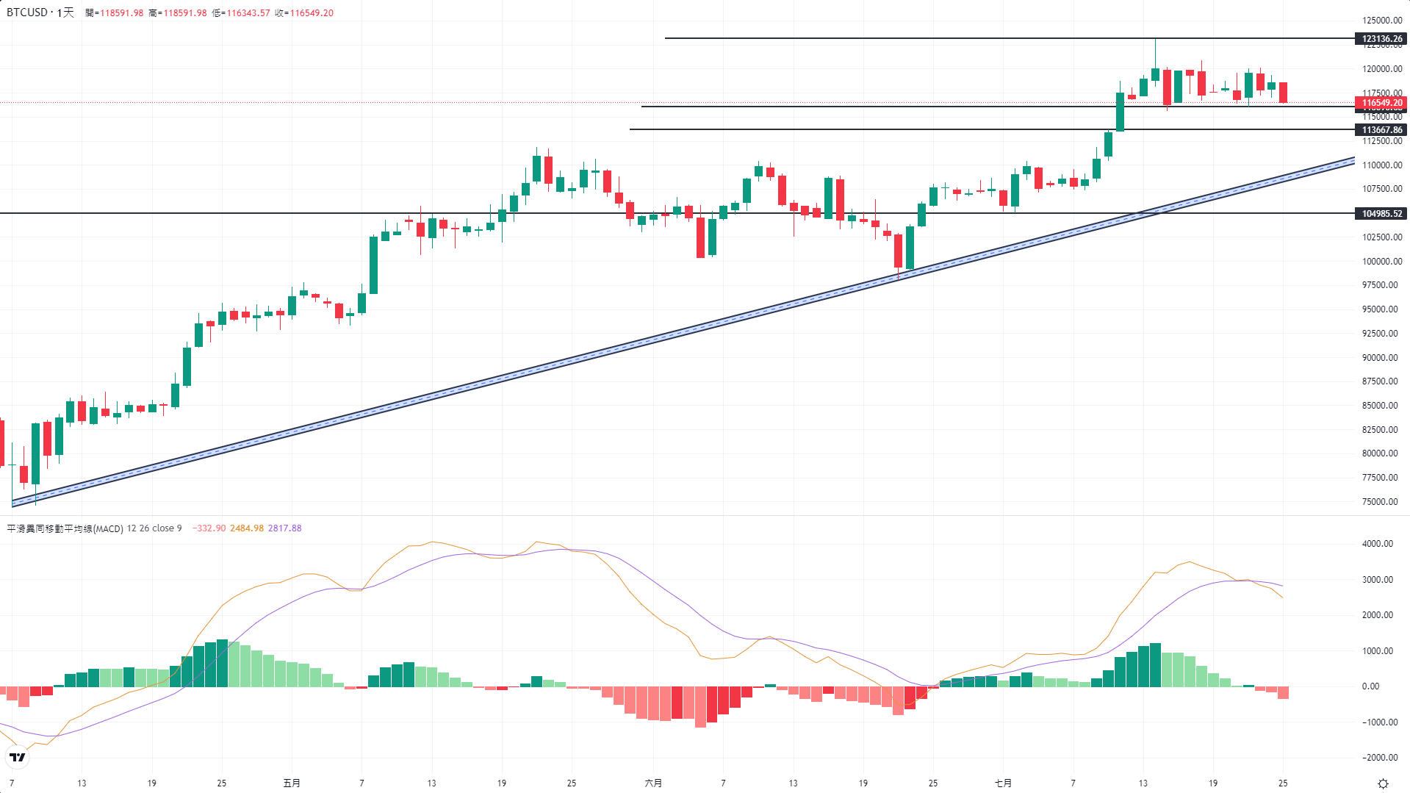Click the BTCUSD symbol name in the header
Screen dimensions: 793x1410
pos(26,12)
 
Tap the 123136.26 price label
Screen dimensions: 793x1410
pos(1381,39)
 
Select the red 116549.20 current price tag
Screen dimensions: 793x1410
pos(1381,103)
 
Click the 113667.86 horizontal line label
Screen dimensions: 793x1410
pos(1381,130)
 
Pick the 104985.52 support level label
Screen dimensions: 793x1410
pos(1381,214)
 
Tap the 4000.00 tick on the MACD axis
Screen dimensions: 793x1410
pos(1377,544)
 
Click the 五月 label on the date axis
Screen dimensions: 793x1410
pos(292,783)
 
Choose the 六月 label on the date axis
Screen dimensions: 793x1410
pos(653,783)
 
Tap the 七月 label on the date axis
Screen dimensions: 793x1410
pos(1003,783)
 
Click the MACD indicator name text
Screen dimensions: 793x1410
pos(65,528)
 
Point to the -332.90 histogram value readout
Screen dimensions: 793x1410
pos(209,528)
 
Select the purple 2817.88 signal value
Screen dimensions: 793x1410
pos(284,528)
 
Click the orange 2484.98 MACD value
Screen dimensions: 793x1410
pos(247,528)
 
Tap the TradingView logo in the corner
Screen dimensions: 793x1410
pos(17,757)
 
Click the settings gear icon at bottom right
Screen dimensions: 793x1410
pos(1383,783)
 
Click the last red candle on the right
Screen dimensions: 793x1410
pos(1283,93)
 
